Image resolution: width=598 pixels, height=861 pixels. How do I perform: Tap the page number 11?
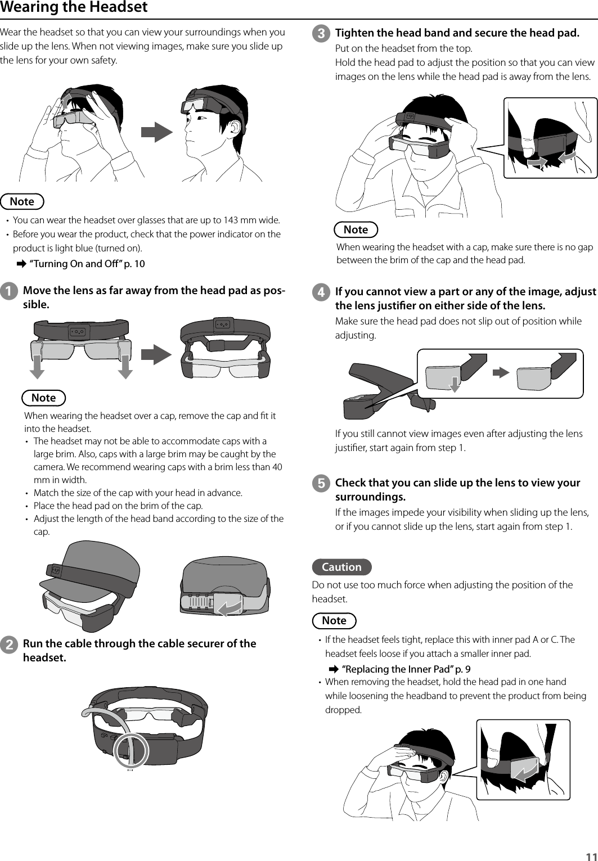coord(589,855)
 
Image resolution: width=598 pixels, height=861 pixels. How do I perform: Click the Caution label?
coord(341,567)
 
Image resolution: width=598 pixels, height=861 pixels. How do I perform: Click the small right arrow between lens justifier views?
coord(501,373)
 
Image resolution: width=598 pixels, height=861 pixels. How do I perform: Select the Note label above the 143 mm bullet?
coord(22,201)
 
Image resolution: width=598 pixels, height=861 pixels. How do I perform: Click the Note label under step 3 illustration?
coord(356,229)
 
